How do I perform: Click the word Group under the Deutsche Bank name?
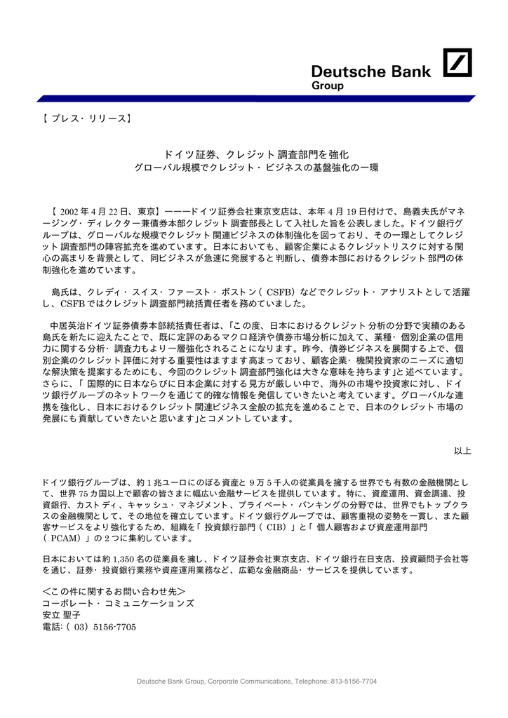tap(327, 86)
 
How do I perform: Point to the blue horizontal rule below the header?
tap(253, 99)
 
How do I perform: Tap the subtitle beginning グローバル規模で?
tap(256, 169)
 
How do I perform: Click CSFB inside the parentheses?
tap(283, 291)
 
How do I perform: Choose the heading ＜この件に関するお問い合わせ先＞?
tap(114, 591)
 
